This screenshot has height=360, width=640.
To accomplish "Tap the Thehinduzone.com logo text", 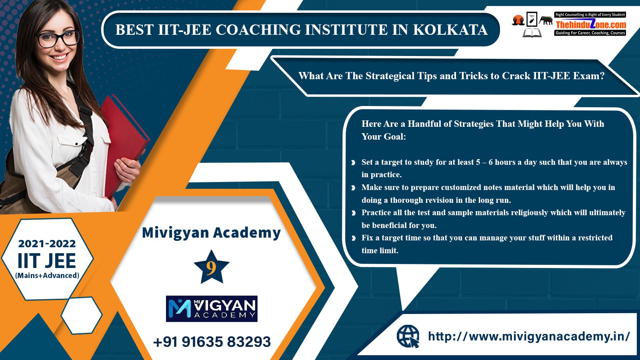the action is coord(590,24).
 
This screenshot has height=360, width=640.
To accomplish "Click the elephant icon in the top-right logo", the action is coord(546,20).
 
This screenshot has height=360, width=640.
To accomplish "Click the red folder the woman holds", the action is coord(124,143).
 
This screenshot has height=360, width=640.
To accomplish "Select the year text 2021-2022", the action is coord(47,244).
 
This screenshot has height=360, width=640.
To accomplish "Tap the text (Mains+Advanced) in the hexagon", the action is coord(47,276).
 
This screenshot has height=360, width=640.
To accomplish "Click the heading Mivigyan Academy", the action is coord(212,233).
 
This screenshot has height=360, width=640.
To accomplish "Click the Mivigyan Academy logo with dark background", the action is coord(212,308).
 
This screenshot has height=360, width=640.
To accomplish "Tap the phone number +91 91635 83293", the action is coord(212,342).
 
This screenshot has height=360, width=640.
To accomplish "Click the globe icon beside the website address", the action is coord(408,336).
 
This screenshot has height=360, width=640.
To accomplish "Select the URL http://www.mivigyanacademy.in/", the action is coord(529,336).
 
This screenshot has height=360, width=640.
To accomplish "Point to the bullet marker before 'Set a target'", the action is coord(354,162).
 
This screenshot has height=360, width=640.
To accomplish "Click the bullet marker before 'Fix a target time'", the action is coord(354,238).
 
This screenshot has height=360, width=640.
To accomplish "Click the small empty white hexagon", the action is coord(82,315).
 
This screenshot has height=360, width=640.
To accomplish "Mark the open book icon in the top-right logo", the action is coord(532,33).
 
